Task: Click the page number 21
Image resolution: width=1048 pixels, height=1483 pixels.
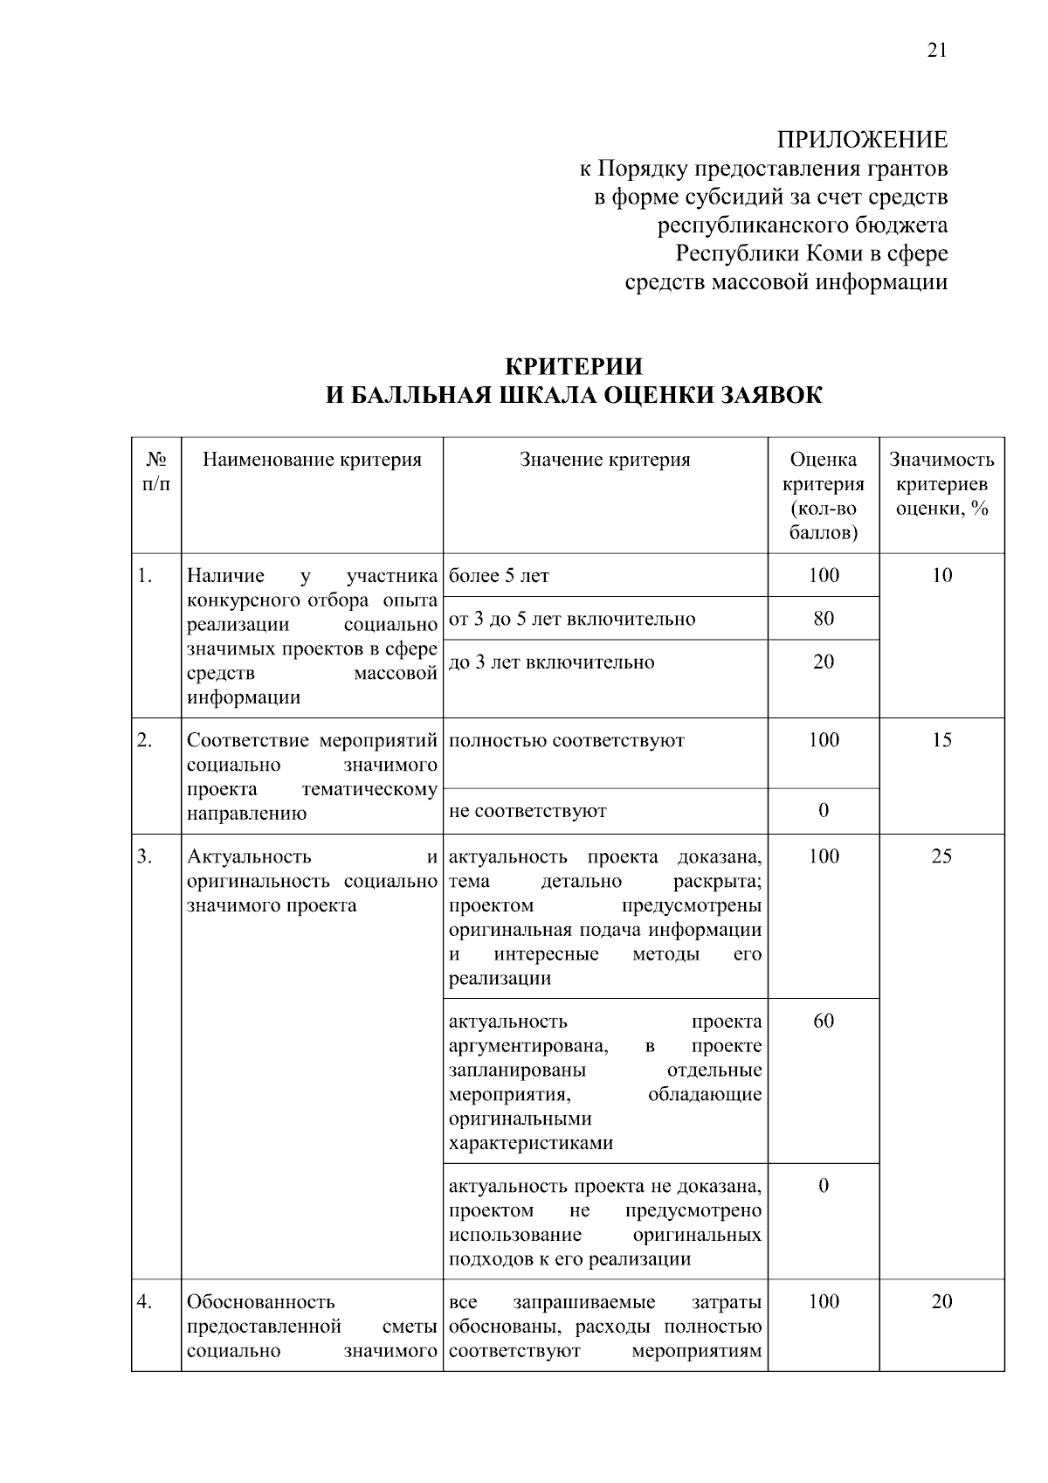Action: pos(936,50)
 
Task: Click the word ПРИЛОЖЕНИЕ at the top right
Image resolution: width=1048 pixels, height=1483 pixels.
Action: pos(862,140)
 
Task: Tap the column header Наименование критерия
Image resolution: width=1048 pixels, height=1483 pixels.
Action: pos(312,460)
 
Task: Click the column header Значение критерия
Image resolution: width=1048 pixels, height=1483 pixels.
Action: pos(604,460)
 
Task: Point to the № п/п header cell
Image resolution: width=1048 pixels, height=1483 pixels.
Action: pos(156,471)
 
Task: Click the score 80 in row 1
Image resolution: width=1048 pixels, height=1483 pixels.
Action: pos(823,619)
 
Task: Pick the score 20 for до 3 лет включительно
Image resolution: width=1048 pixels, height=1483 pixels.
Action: pos(823,662)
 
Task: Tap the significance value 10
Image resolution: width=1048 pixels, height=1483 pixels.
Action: pos(941,575)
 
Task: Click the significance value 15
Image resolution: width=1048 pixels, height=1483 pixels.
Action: pos(941,740)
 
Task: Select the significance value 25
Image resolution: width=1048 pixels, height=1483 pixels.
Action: pos(941,856)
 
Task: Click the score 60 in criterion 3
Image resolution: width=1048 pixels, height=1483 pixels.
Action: pos(823,1021)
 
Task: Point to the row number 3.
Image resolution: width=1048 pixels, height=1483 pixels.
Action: pos(145,856)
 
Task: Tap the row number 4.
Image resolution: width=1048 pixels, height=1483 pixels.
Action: pos(145,1302)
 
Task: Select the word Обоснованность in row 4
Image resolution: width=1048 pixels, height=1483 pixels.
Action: pos(261,1302)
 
